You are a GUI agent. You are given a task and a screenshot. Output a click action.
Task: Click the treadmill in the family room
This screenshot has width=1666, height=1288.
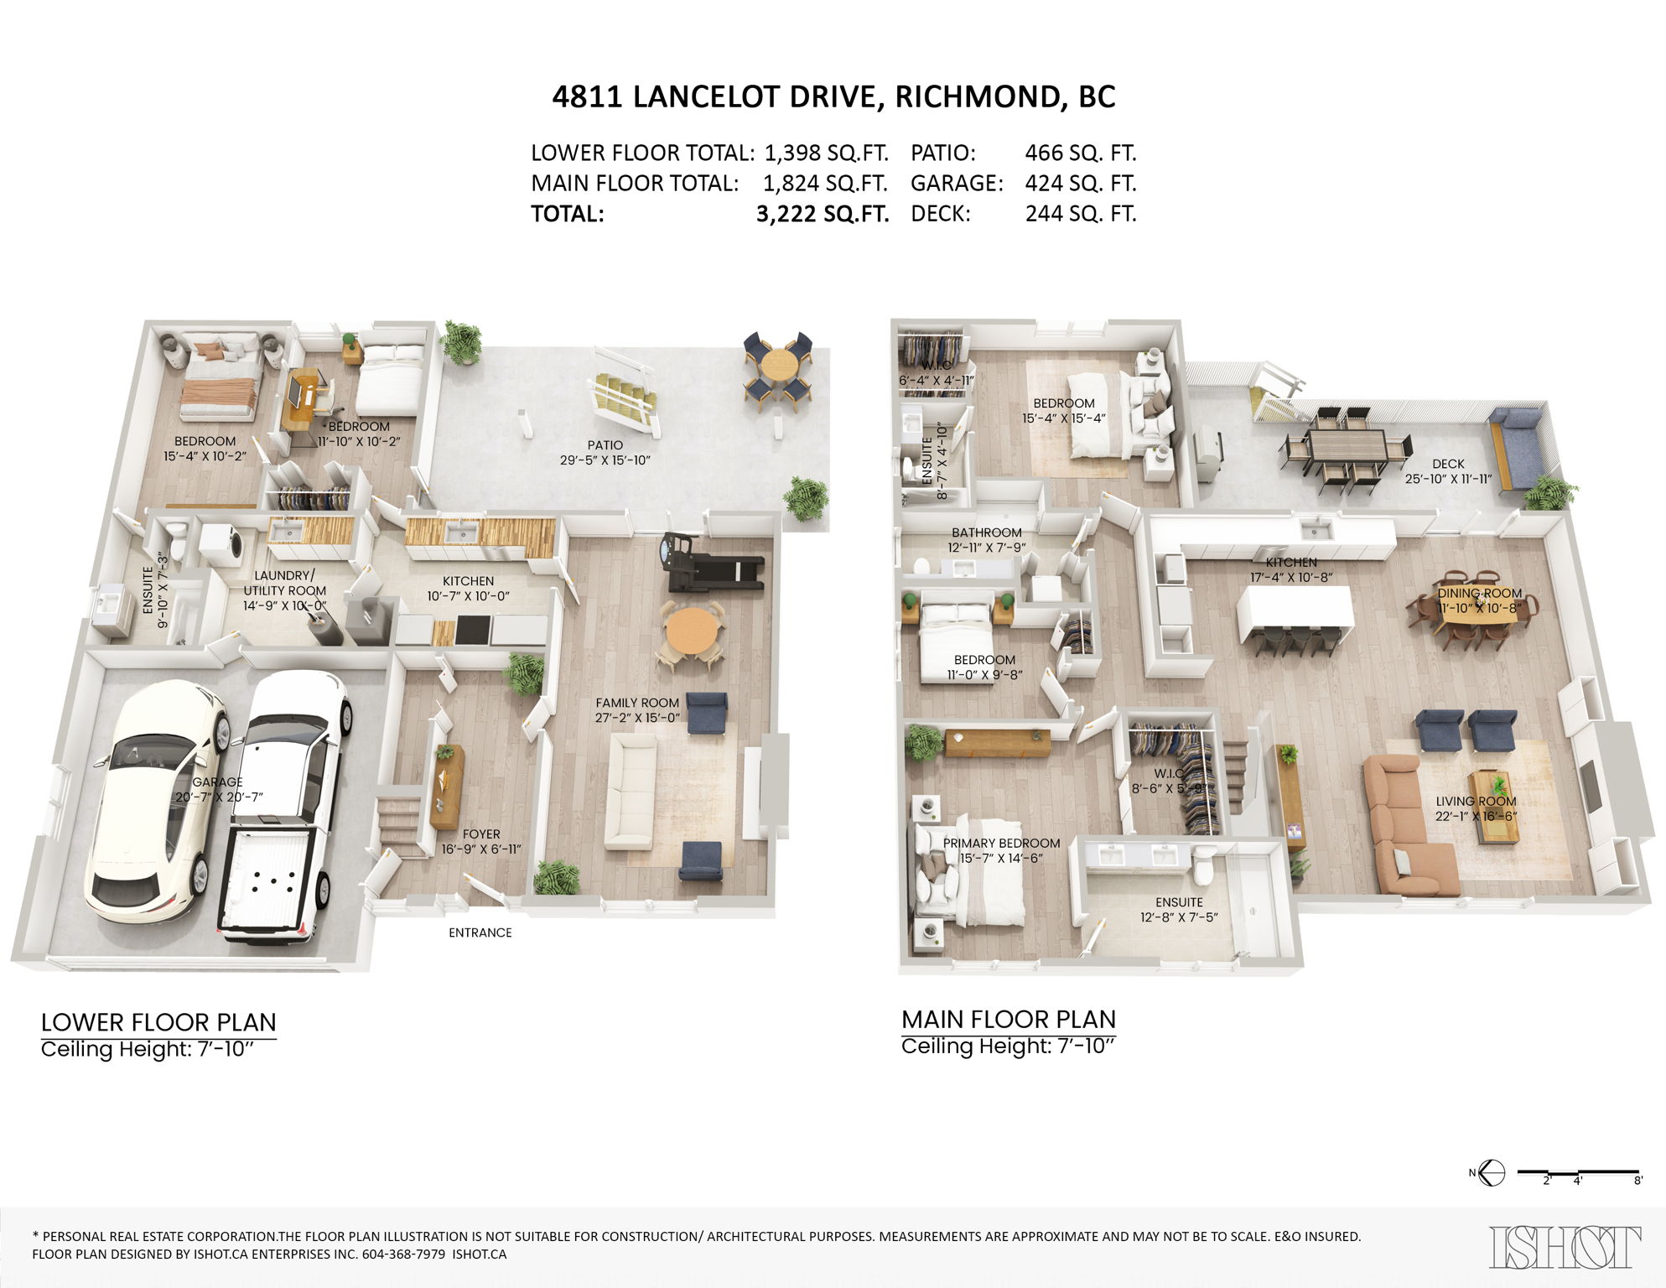coord(713,566)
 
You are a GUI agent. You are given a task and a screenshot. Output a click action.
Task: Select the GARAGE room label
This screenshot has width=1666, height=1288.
coord(217,782)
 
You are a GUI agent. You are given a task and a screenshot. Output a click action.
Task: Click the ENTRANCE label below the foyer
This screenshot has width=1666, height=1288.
coord(480,932)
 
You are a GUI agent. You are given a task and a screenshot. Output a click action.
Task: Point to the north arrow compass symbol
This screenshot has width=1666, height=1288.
coord(1492,1172)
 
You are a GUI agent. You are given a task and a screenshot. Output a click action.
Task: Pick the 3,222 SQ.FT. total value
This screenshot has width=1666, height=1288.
coord(822,214)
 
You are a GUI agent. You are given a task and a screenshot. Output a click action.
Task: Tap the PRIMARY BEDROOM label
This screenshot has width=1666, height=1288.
coord(1001,843)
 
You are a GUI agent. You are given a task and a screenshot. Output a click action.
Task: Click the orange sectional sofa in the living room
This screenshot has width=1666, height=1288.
coord(1400,826)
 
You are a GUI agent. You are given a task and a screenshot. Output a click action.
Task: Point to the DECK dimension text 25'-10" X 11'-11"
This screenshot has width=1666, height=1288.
coord(1448,479)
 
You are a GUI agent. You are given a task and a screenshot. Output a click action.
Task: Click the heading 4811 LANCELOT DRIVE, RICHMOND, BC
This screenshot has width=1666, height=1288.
coord(833,97)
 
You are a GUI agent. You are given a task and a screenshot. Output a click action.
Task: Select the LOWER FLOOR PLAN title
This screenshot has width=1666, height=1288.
coord(158,1022)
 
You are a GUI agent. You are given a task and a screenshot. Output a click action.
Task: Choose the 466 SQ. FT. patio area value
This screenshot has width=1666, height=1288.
coord(1080,153)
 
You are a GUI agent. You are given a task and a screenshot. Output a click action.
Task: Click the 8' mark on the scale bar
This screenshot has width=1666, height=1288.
coord(1637,1180)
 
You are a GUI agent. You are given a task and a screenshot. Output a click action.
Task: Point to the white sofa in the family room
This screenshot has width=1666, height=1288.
coord(631,791)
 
